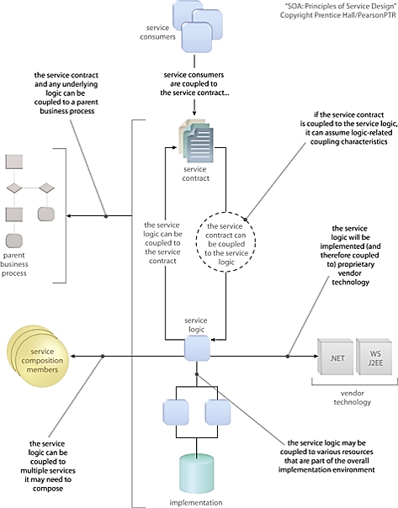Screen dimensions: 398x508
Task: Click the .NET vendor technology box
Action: pyautogui.click(x=336, y=357)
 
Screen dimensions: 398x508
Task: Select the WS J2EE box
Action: pyautogui.click(x=374, y=357)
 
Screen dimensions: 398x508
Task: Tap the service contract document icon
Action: pyautogui.click(x=196, y=140)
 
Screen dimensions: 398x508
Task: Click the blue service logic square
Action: pyautogui.click(x=197, y=348)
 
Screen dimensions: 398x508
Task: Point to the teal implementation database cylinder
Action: pyautogui.click(x=197, y=473)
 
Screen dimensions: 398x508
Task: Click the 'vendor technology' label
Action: pyautogui.click(x=352, y=398)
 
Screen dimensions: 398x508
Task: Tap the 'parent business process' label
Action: pyautogui.click(x=14, y=264)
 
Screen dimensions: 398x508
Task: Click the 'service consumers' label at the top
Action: pyautogui.click(x=157, y=33)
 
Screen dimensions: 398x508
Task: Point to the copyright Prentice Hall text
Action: pyautogui.click(x=338, y=15)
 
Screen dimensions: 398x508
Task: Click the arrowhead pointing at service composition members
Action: pyautogui.click(x=73, y=356)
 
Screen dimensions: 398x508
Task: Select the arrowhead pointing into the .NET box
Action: pyautogui.click(x=316, y=356)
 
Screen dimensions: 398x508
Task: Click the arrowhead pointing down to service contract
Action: pyautogui.click(x=194, y=113)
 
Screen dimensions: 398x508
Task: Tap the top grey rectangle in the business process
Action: pyautogui.click(x=14, y=161)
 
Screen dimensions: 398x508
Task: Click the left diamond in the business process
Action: pyautogui.click(x=14, y=188)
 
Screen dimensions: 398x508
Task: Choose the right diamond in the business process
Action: pyautogui.click(x=46, y=188)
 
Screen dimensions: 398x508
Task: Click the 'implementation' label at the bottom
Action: pyautogui.click(x=196, y=502)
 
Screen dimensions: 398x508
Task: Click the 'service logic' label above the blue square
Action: pyautogui.click(x=196, y=325)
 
